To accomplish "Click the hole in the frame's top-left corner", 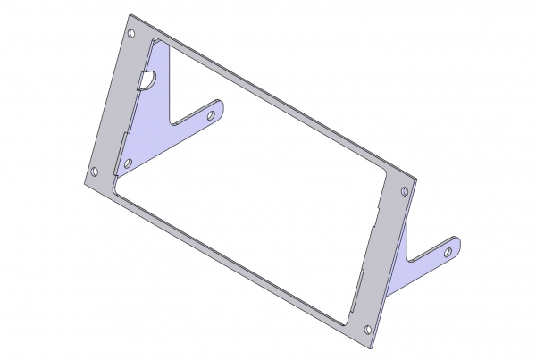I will click(133, 35).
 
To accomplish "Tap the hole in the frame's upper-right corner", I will click(405, 191).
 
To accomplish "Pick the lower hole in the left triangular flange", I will click(128, 163).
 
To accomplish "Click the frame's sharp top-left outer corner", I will click(130, 15).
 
